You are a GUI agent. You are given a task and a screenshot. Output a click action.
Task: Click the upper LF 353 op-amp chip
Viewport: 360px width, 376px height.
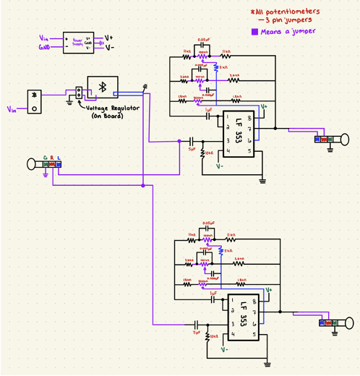[x=239, y=134]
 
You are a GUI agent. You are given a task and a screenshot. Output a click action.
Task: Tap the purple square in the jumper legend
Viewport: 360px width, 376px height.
[x=254, y=32]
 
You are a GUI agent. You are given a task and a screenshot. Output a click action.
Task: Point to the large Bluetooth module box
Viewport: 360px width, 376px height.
[x=102, y=87]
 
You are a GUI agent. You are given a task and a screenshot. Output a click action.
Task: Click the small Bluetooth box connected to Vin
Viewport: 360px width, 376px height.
[x=33, y=101]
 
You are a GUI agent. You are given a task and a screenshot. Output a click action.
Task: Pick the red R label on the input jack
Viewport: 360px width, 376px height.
[x=52, y=157]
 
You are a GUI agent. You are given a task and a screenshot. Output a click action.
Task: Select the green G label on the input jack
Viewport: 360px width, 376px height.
[x=45, y=157]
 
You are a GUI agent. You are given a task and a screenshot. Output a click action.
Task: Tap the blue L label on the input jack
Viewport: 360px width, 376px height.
[x=59, y=157]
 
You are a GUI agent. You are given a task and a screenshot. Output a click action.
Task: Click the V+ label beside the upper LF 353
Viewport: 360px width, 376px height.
[x=264, y=106]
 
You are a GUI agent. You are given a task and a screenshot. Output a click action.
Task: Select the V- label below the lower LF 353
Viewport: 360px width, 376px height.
[x=225, y=349]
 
